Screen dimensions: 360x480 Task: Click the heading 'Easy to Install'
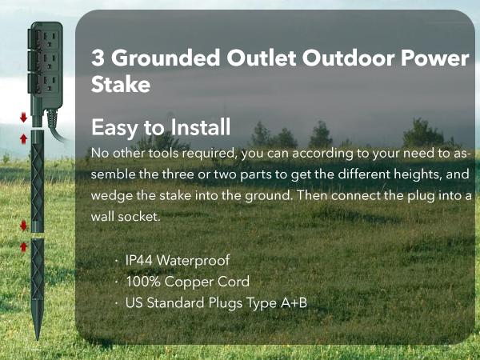coord(161,127)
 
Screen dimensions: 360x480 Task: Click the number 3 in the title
coord(98,58)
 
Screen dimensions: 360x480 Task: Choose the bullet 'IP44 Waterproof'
coord(177,261)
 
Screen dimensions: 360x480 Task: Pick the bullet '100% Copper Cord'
coord(187,282)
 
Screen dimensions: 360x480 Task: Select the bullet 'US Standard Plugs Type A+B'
coord(216,302)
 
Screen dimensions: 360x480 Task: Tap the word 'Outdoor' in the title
coord(335,58)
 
